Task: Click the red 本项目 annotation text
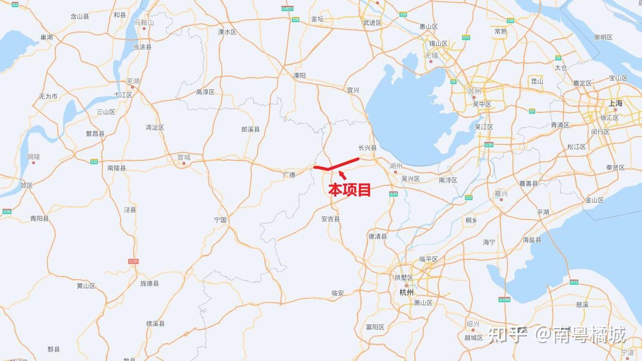[x=349, y=189]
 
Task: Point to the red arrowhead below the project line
[x=341, y=173]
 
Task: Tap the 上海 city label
[x=615, y=103]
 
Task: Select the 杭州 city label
[x=406, y=292]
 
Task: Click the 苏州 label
[x=474, y=91]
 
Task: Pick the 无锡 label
[x=431, y=56]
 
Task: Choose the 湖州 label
[x=396, y=166]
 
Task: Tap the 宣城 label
[x=184, y=157]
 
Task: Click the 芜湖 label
[x=132, y=81]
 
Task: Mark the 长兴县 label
[x=367, y=148]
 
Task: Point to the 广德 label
[x=289, y=174]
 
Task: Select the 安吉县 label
[x=330, y=219]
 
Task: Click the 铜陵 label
[x=33, y=157]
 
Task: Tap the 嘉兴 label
[x=501, y=193]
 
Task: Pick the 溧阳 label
[x=299, y=75]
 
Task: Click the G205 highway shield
[x=133, y=261]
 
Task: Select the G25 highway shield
[x=394, y=194]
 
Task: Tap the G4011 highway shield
[x=288, y=8]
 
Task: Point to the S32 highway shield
[x=94, y=161]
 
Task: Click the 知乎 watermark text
[x=507, y=334]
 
